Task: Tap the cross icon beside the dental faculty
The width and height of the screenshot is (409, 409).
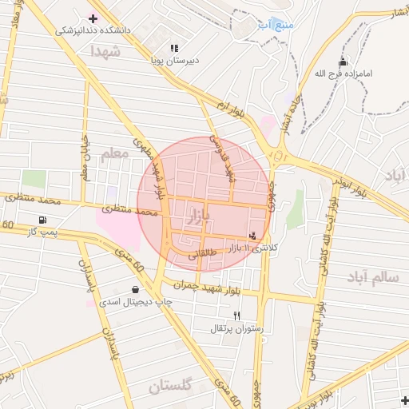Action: click(93, 18)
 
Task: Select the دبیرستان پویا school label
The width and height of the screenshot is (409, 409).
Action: click(176, 60)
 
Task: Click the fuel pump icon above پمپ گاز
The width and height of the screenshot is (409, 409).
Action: click(41, 220)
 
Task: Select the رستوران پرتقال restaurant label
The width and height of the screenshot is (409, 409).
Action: click(236, 328)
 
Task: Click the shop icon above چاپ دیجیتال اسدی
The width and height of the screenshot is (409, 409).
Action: click(133, 289)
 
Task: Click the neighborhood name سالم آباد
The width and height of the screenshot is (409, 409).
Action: click(373, 277)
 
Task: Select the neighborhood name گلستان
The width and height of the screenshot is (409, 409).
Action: click(170, 387)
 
